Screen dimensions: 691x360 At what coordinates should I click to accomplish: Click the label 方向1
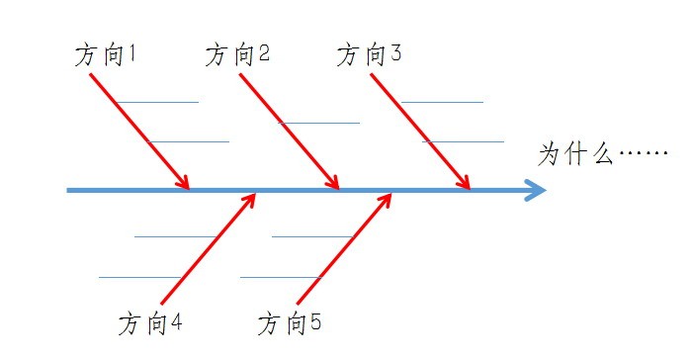(106, 55)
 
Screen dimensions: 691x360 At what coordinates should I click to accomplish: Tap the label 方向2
(237, 54)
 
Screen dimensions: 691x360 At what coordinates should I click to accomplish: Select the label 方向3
(369, 54)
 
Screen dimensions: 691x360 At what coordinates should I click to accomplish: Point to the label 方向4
(150, 323)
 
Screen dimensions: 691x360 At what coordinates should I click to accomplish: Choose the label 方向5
(290, 323)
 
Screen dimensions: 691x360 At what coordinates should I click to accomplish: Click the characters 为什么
(575, 153)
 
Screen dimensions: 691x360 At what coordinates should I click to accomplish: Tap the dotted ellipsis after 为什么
(644, 153)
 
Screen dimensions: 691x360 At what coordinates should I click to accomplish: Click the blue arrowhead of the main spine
(536, 190)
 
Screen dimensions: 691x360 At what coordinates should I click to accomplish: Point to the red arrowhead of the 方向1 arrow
(182, 182)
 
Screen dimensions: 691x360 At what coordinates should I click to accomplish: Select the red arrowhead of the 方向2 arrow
(331, 182)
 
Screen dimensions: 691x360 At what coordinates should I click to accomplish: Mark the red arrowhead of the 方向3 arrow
(463, 182)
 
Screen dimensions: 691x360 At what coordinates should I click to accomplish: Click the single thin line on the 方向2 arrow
(319, 123)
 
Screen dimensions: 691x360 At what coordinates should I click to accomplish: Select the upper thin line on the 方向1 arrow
(158, 102)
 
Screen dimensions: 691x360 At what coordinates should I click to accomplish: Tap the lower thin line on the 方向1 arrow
(189, 141)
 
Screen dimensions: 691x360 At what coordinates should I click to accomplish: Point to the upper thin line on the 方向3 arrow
(443, 102)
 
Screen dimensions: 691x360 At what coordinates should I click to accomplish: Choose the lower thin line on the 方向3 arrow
(463, 141)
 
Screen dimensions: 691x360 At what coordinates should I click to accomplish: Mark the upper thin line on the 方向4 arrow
(175, 236)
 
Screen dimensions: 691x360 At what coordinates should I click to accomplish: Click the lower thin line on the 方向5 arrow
(281, 277)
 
